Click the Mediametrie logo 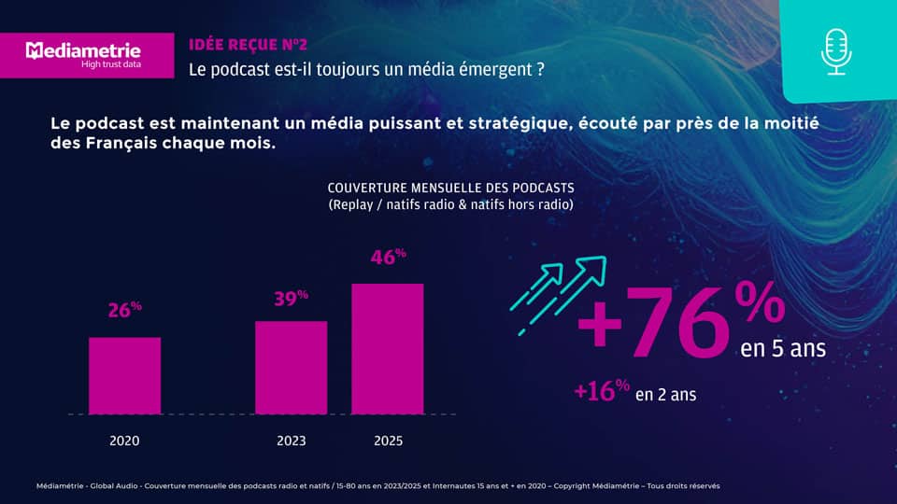click(83, 49)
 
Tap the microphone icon click(837, 52)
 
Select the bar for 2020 click(124, 375)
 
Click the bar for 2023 click(291, 367)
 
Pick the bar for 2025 click(387, 348)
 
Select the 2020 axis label click(124, 441)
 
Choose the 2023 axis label click(291, 441)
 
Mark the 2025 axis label click(388, 441)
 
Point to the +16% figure click(602, 391)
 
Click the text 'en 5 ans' click(783, 349)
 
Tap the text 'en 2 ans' click(665, 395)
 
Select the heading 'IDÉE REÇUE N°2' click(247, 44)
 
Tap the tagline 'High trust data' click(111, 63)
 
